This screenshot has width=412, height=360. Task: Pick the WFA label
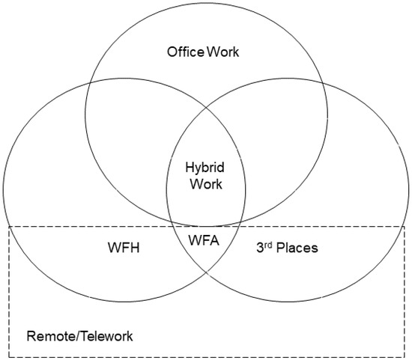[205, 241]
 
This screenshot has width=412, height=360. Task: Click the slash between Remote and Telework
[74, 336]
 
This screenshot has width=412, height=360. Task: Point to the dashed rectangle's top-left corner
[9, 226]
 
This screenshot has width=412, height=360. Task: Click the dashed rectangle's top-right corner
[405, 226]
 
